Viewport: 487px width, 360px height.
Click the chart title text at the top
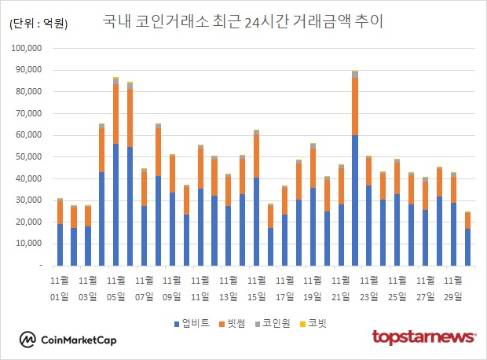pyautogui.click(x=243, y=22)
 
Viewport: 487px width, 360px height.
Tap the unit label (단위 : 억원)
pyautogui.click(x=38, y=24)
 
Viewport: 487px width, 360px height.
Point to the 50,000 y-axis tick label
pyautogui.click(x=29, y=157)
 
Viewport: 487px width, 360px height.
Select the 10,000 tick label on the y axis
pyautogui.click(x=29, y=244)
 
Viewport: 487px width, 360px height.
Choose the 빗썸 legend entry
pyautogui.click(x=237, y=322)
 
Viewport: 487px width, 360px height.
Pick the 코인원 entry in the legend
pyautogui.click(x=279, y=322)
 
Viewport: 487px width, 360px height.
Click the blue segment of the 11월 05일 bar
pyautogui.click(x=115, y=204)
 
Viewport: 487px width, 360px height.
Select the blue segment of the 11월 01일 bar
pyautogui.click(x=60, y=244)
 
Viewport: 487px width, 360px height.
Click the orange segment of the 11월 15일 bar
pyautogui.click(x=256, y=156)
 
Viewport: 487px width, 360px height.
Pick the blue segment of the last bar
pyautogui.click(x=467, y=247)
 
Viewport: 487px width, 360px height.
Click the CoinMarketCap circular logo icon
pyautogui.click(x=29, y=340)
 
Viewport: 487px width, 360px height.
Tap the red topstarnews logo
pyautogui.click(x=423, y=337)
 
